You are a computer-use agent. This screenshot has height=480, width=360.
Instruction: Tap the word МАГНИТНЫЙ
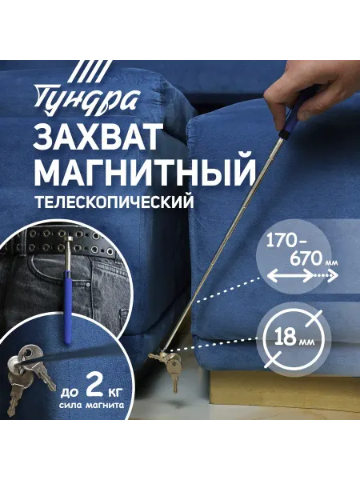[145, 171]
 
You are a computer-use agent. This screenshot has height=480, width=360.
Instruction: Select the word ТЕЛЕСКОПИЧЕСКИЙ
[114, 202]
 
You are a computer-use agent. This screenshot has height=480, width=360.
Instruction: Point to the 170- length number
[286, 242]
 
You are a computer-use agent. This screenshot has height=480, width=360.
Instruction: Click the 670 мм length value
[313, 260]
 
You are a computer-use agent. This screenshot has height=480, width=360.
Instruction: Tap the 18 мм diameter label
[294, 337]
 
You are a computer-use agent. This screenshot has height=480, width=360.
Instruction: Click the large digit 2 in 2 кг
[94, 386]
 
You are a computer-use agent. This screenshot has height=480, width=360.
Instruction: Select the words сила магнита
[91, 406]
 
